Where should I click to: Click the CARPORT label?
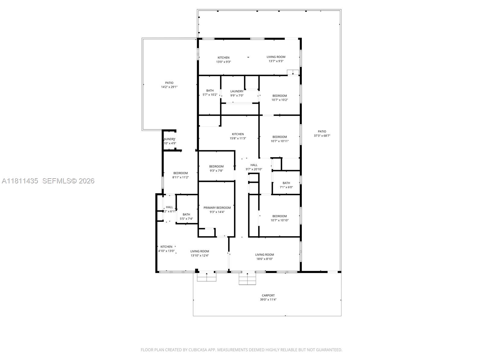click(268, 295)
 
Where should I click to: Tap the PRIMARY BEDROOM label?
click(217, 208)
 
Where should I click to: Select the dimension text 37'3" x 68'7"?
click(322, 136)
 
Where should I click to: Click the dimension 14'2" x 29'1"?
click(169, 87)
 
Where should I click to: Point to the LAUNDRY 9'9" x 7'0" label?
click(237, 91)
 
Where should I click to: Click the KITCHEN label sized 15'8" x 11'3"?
click(238, 134)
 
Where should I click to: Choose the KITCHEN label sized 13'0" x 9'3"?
click(223, 58)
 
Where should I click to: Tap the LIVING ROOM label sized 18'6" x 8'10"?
click(264, 255)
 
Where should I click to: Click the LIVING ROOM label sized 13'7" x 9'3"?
click(276, 57)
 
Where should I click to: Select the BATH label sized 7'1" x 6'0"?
click(286, 183)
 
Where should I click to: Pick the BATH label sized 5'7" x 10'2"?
click(210, 91)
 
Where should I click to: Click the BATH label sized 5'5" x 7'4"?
click(186, 214)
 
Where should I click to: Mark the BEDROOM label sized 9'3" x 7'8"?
click(216, 167)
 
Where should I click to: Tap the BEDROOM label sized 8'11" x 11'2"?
click(181, 173)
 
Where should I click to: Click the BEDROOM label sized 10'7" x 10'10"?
click(280, 216)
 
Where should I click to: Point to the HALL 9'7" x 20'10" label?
click(254, 165)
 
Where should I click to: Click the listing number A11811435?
click(20, 181)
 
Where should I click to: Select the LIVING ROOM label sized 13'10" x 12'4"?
click(200, 251)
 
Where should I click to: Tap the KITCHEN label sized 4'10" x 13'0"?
click(166, 247)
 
